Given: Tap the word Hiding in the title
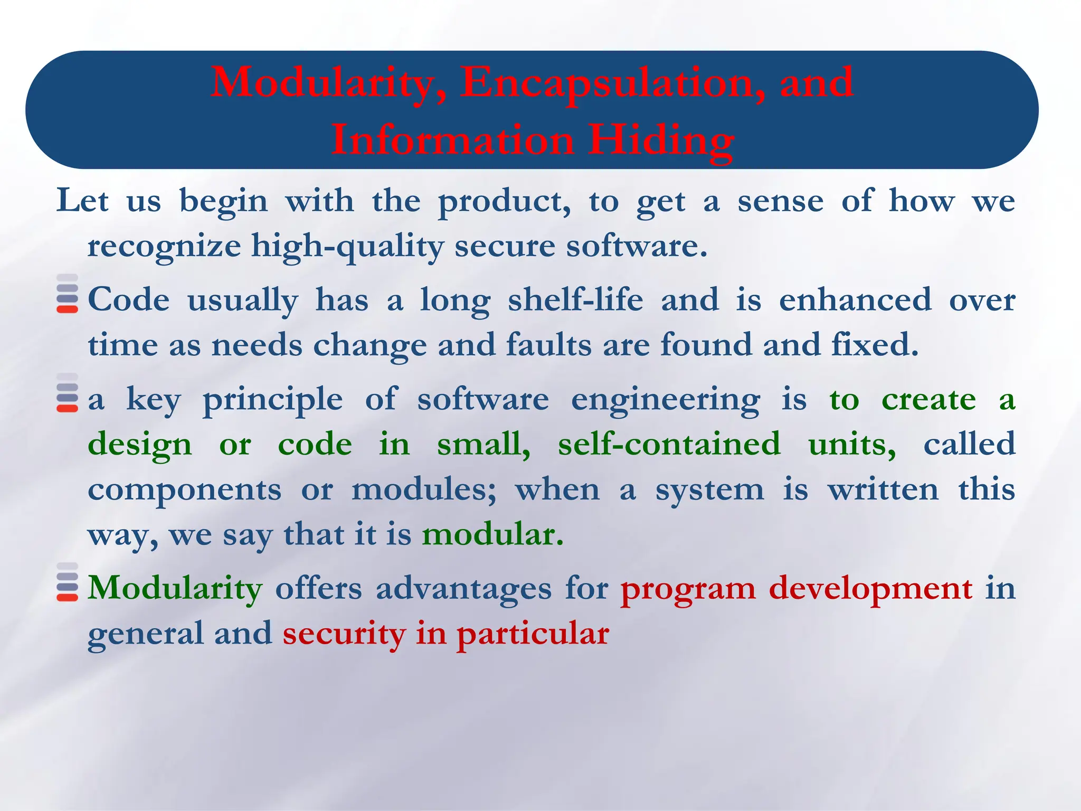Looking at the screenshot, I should pos(661,140).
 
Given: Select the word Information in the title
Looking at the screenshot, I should pos(452,140).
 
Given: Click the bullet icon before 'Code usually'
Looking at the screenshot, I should pos(67,294).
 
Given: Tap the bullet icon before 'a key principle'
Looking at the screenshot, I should pos(67,393).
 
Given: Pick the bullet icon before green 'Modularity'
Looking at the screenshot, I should pos(67,582).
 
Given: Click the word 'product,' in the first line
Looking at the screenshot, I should pos(504,202).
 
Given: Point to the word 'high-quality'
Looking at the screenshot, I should pos(347,247).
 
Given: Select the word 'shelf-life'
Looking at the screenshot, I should pos(575,300).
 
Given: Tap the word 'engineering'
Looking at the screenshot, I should pos(666,400).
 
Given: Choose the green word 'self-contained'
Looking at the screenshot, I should pos(669,444).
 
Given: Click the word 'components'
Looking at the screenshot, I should pos(184,490).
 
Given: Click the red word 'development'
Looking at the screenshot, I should pos(870,588).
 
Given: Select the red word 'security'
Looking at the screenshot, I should pos(344,634).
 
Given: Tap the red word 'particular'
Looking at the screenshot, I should pos(533,634).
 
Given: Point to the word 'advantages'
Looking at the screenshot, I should pos(463,588).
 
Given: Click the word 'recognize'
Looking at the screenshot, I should pos(164,247).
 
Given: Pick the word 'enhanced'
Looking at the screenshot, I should pos(855,300).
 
